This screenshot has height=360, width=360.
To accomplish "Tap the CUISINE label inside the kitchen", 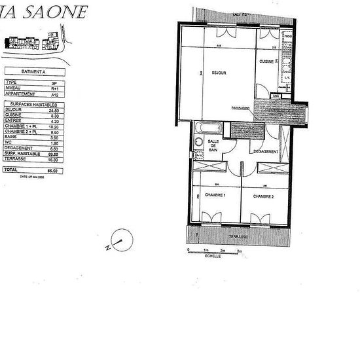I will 266,61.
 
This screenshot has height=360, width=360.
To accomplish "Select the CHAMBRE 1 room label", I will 215,196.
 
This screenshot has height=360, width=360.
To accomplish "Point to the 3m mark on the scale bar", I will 240,251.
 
